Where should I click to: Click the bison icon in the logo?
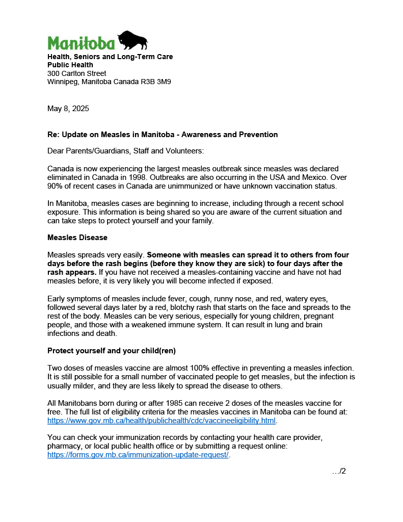pyautogui.click(x=132, y=40)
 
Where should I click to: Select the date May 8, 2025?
pyautogui.click(x=68, y=109)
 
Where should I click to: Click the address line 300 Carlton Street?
pyautogui.click(x=77, y=73)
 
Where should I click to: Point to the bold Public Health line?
pyautogui.click(x=70, y=65)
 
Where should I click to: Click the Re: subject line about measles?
pyautogui.click(x=163, y=135)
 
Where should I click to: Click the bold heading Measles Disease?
pyautogui.click(x=77, y=238)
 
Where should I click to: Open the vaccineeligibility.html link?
pyautogui.click(x=162, y=421)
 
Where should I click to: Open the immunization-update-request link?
pyautogui.click(x=138, y=455)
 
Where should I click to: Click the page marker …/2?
pyautogui.click(x=339, y=471)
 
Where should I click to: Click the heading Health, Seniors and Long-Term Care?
pyautogui.click(x=110, y=57)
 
